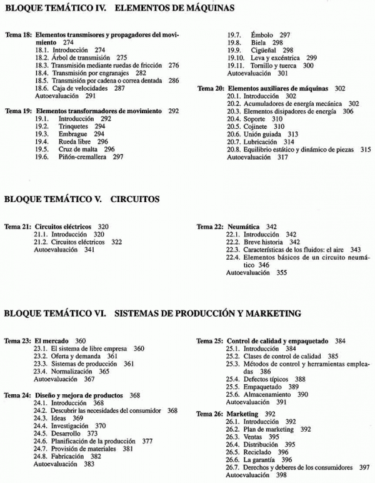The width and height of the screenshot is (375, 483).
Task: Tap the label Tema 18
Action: tap(17, 36)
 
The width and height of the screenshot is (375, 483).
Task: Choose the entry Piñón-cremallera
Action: tap(83, 157)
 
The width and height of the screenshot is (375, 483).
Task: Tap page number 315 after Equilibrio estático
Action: tap(366, 150)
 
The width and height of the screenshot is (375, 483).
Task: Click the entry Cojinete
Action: tap(255, 126)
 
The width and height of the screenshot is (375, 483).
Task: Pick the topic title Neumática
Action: tap(243, 226)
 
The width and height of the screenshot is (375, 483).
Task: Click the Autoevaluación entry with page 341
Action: tap(56, 249)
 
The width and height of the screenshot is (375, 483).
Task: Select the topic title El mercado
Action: tap(52, 340)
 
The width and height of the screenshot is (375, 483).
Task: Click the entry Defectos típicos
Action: tap(266, 379)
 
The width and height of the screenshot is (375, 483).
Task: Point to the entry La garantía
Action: tap(260, 459)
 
